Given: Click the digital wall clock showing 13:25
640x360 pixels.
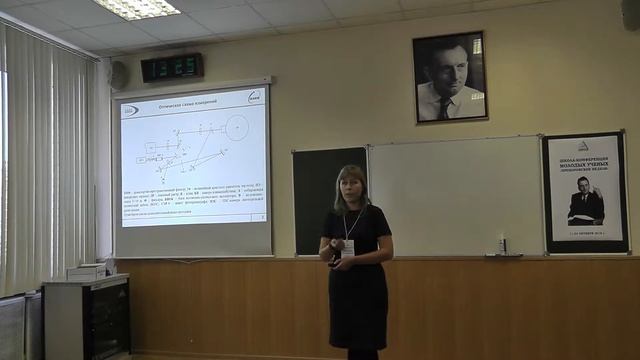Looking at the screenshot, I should [172, 67].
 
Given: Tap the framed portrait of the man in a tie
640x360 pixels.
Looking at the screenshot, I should [449, 76].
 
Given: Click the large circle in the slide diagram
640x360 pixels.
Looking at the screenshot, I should [236, 127].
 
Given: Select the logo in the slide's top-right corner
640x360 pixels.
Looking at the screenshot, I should [254, 97].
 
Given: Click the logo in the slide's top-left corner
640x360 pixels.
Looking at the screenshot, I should [130, 110].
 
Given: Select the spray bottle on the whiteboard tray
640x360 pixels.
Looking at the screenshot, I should [502, 246].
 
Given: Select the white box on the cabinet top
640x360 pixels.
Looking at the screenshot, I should [87, 271].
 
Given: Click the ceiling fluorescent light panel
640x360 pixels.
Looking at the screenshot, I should [137, 8].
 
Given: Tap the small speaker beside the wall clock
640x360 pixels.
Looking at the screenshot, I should [119, 75].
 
